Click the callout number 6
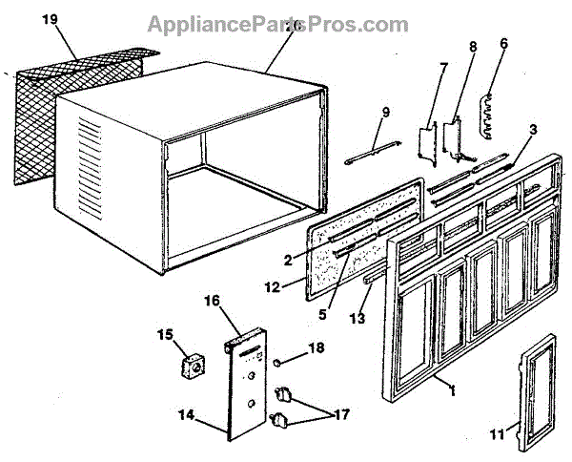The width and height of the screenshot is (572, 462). [503, 43]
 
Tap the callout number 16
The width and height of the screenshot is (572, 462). [213, 300]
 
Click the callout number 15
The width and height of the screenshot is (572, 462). [165, 335]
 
